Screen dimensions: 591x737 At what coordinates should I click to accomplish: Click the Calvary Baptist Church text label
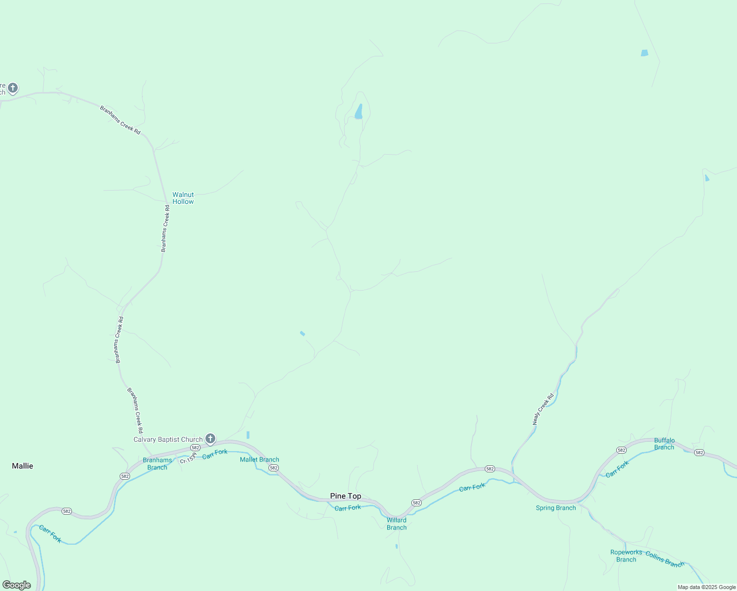tap(168, 439)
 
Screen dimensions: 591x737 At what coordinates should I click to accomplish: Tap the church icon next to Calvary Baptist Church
tap(210, 438)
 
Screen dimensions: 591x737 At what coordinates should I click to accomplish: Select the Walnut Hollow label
tap(183, 198)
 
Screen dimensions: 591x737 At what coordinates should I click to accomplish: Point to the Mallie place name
tap(23, 466)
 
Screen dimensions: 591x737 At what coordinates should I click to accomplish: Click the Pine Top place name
tap(345, 496)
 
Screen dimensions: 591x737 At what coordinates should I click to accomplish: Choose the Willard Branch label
tap(397, 524)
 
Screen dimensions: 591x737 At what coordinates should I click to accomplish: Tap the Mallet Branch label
tap(260, 460)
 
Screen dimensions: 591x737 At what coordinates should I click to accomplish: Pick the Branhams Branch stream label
tap(158, 464)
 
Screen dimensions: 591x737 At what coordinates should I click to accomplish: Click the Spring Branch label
tap(556, 508)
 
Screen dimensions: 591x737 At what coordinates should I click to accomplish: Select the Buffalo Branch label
tap(664, 444)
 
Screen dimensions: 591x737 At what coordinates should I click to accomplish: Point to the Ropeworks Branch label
tap(626, 556)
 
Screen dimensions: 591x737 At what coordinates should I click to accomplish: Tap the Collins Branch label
tap(665, 559)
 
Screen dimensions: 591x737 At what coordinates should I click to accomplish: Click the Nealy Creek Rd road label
tap(543, 409)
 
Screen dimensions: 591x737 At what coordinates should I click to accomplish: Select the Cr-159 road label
tap(188, 458)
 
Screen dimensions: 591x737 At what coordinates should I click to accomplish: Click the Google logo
tap(16, 585)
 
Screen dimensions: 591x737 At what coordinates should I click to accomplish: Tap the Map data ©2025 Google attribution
tap(706, 587)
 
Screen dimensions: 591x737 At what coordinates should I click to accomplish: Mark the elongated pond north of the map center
tap(359, 112)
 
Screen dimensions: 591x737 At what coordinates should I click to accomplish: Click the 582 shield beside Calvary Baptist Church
tap(195, 448)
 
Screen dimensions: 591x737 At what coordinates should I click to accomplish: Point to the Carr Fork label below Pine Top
tap(348, 508)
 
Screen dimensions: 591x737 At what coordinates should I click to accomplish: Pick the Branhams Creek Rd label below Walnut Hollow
tap(166, 229)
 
